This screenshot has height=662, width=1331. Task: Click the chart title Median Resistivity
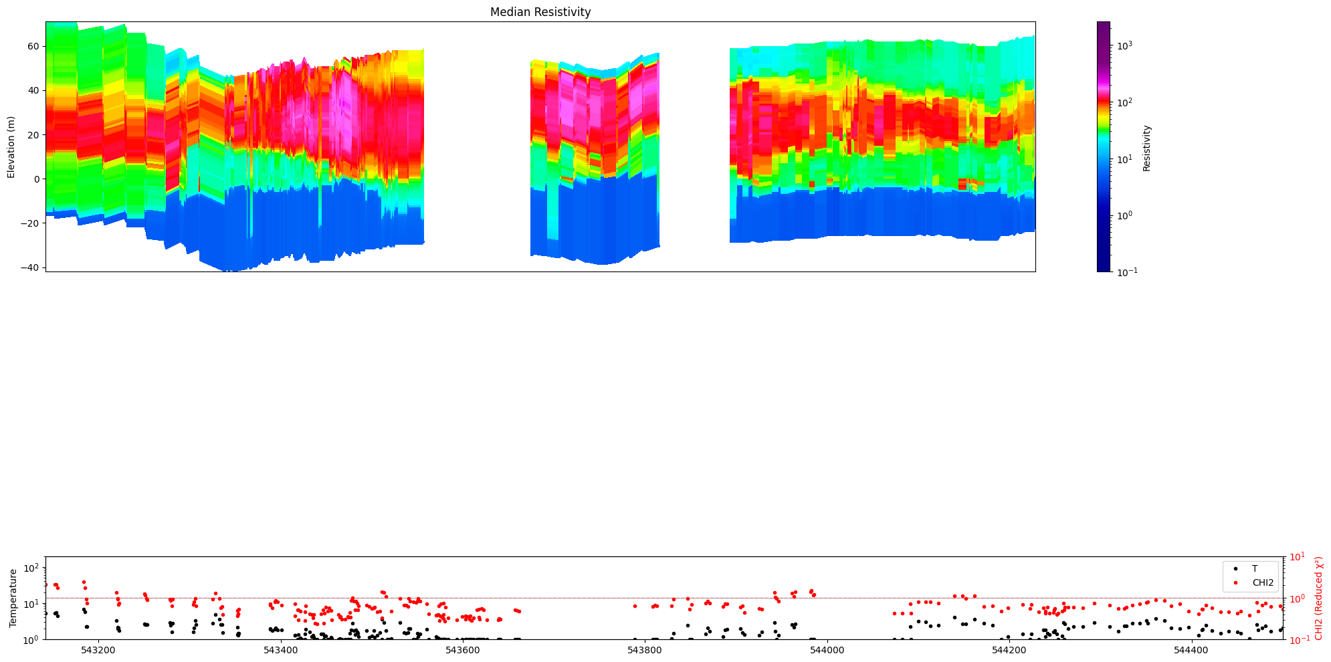click(x=540, y=12)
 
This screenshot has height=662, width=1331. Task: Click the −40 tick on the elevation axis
click(x=32, y=267)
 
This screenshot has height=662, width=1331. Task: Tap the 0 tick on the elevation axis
click(x=37, y=179)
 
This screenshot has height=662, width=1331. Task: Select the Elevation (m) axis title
click(x=11, y=147)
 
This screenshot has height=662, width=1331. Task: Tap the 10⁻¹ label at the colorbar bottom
click(x=1126, y=271)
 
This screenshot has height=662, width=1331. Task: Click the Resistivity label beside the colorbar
click(x=1146, y=147)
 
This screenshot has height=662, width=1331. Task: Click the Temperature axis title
click(x=13, y=598)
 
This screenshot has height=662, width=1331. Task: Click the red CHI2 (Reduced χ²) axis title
click(x=1319, y=598)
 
